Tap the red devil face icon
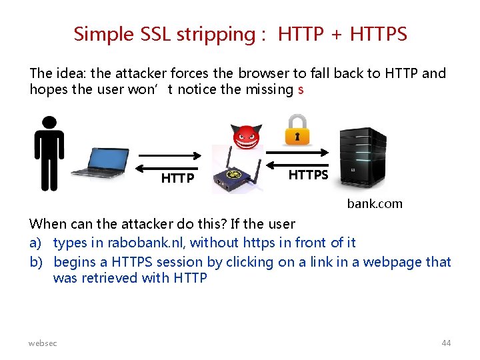tap(245, 137)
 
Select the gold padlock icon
tap(297, 130)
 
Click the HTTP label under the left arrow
tap(177, 179)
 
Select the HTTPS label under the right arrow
tap(308, 175)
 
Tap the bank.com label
tap(375, 204)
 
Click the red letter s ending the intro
tap(301, 89)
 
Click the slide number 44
tap(446, 343)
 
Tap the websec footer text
tap(43, 343)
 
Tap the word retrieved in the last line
tap(110, 278)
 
